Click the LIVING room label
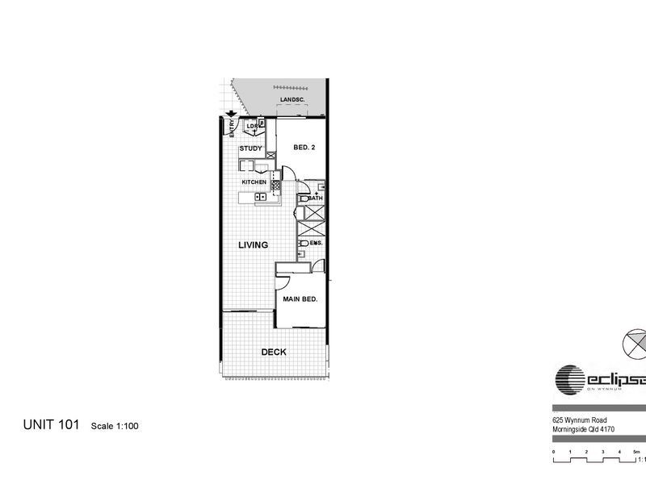[x=252, y=244]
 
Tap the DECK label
[x=274, y=353]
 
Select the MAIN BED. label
[x=299, y=298]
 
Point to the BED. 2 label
[x=303, y=148]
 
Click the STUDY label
[x=251, y=148]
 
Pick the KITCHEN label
[x=255, y=182]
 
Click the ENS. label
[x=315, y=242]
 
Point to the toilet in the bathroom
[x=301, y=198]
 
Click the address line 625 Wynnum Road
[x=581, y=420]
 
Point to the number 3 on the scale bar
[x=603, y=451]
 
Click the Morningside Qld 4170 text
[x=585, y=429]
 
